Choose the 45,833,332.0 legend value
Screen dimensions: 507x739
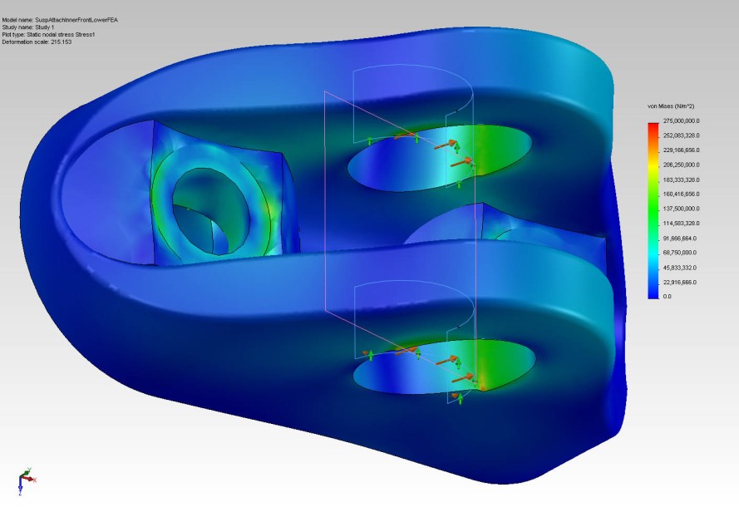[680, 268]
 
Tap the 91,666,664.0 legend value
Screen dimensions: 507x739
[680, 239]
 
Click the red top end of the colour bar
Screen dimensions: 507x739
[653, 126]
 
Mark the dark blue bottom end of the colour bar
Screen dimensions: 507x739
[653, 293]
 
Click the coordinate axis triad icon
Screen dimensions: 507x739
[25, 480]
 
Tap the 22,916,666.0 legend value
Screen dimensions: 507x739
[680, 282]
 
